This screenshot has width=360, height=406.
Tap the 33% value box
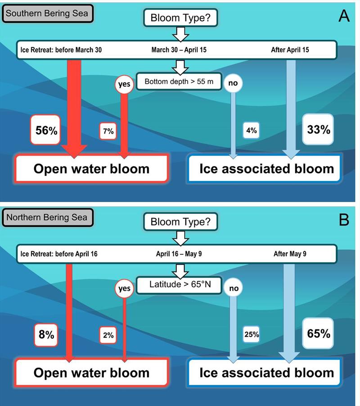click(319, 130)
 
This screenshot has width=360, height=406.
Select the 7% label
click(108, 131)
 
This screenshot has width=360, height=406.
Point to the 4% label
click(251, 131)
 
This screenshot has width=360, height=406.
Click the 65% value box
click(319, 334)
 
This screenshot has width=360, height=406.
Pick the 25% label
click(251, 335)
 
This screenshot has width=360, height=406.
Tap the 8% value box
click(46, 335)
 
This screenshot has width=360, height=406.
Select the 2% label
click(108, 335)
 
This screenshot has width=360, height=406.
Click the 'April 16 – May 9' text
click(179, 254)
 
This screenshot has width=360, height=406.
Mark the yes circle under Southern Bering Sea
click(125, 84)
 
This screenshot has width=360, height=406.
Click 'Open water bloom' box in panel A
click(92, 169)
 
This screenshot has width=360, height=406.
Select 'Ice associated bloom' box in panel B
click(266, 372)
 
